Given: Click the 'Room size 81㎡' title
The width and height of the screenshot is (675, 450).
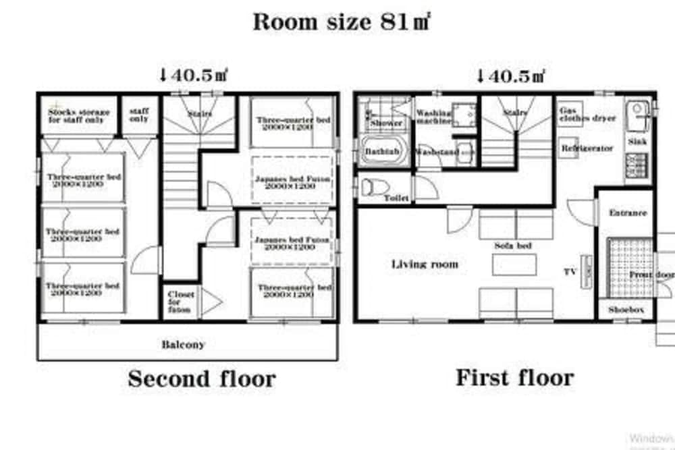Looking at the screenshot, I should click(342, 22).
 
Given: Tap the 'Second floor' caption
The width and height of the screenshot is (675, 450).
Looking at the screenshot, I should click(201, 378).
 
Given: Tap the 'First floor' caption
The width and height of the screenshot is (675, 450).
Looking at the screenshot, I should click(514, 377).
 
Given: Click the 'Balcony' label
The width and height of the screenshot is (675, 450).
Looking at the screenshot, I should click(182, 344).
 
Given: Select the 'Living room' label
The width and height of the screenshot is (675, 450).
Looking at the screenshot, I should click(425, 264).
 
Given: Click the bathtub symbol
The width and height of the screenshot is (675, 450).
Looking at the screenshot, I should click(383, 152).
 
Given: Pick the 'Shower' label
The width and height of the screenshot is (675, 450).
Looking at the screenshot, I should click(386, 123).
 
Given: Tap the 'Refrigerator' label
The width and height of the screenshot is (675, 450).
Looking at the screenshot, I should click(587, 148).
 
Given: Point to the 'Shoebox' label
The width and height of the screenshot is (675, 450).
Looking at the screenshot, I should click(626, 310).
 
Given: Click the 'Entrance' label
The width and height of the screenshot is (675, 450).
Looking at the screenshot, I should click(628, 213).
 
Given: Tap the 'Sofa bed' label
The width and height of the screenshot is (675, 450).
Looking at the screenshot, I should click(513, 246).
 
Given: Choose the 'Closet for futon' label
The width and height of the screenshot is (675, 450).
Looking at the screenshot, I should click(181, 302).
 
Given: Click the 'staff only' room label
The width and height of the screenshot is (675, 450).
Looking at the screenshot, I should click(139, 115).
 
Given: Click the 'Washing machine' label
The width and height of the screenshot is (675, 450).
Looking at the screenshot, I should click(433, 117).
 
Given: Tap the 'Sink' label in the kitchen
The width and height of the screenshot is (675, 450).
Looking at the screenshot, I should click(637, 142).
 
